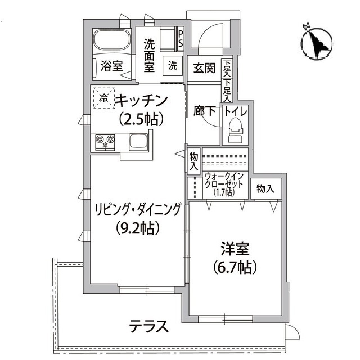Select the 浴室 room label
111,66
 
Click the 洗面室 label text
149,55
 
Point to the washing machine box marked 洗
172,65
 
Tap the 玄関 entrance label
204,68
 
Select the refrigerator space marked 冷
104,98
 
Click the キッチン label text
142,101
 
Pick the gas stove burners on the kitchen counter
105,141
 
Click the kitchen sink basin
138,141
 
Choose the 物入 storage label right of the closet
265,189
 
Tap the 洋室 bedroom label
235,248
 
